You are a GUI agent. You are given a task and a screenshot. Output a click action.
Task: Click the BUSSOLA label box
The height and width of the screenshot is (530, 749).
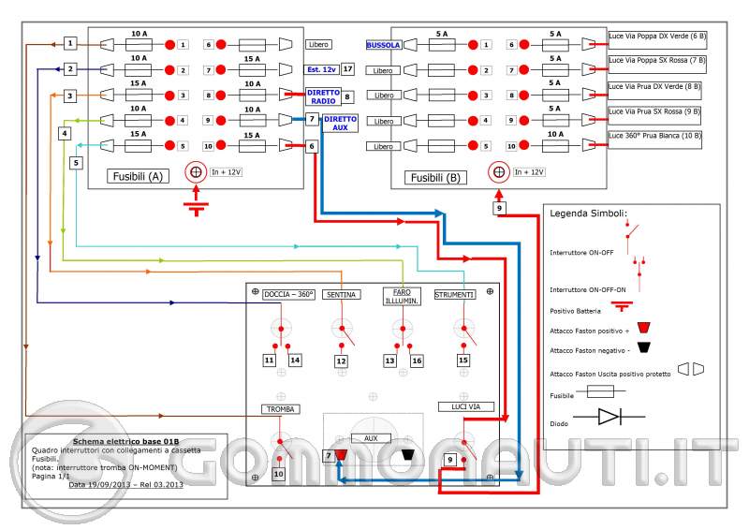(x=385, y=45)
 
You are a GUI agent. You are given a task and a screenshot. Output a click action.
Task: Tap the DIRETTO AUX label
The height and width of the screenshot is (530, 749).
(x=341, y=123)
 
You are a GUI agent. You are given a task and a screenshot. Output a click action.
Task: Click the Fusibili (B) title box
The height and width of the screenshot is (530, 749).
(x=437, y=176)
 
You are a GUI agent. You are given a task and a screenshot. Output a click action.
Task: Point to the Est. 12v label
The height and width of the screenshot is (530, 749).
(x=321, y=69)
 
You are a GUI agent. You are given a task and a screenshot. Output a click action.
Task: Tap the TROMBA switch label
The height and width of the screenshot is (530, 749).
(x=280, y=409)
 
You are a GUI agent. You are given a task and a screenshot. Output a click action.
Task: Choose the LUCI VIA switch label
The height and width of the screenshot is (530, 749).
(x=459, y=406)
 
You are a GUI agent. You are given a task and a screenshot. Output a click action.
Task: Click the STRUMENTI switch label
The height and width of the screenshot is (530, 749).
(x=455, y=294)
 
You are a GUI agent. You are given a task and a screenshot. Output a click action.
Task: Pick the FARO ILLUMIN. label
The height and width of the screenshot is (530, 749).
(x=401, y=296)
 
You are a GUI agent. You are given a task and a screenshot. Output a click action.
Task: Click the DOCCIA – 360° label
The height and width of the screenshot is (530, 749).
(x=288, y=293)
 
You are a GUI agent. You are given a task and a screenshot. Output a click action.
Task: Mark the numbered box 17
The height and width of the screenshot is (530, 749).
(x=347, y=69)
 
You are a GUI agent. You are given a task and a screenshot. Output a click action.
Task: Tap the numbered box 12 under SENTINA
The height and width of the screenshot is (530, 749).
(x=342, y=361)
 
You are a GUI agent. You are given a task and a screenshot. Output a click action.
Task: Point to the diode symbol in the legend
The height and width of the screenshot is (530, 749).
(x=609, y=416)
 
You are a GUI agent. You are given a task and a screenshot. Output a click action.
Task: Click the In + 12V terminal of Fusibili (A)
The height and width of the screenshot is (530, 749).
(x=197, y=171)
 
